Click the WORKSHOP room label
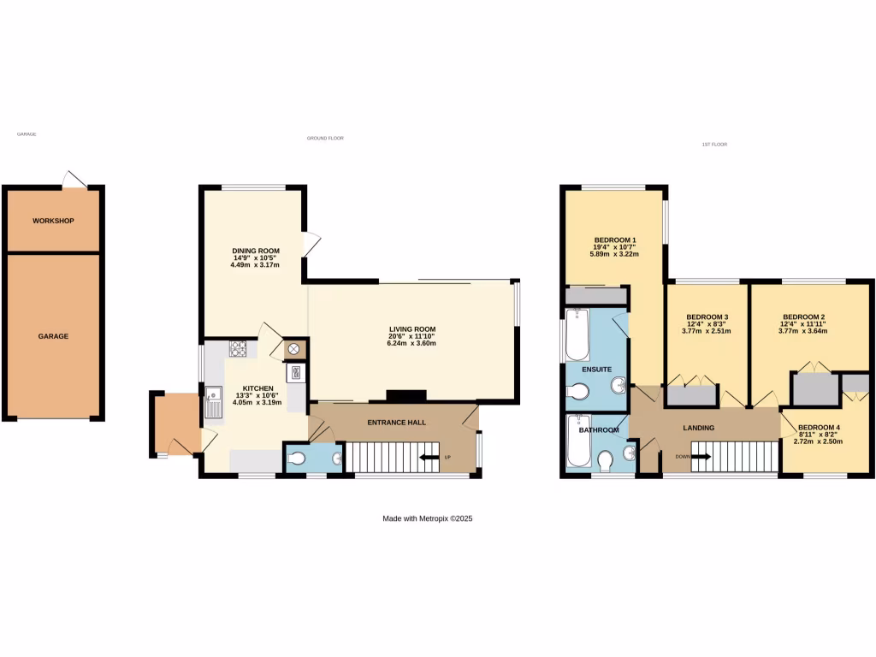[53, 221]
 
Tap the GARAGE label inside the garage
[53, 336]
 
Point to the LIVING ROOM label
[412, 329]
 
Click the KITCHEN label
[257, 388]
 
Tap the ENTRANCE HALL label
[396, 423]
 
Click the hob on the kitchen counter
[238, 349]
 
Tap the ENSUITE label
[596, 370]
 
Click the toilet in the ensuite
[579, 392]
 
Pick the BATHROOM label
[598, 430]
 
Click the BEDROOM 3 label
[707, 317]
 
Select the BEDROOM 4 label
[819, 428]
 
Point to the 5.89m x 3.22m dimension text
[614, 254]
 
